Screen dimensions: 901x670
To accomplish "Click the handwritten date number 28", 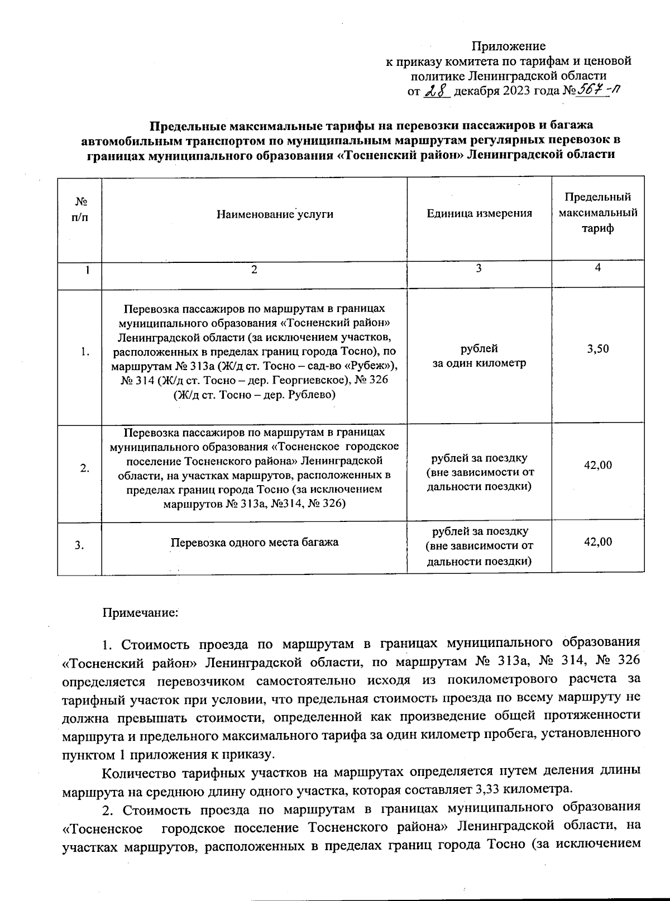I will coord(437,90).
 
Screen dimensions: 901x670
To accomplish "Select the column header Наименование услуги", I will coord(275,214).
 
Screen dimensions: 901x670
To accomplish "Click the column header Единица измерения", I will coord(479,213).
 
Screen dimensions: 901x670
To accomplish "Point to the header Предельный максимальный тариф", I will coord(597,213).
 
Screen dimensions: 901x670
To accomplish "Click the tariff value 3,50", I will coord(597,349).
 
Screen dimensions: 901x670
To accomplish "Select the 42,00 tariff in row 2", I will coord(597,465).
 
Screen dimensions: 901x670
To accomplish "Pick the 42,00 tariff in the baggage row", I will coord(597,541).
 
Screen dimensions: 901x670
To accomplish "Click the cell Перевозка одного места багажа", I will coord(254,542).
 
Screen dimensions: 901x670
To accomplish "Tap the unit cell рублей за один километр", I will coord(479,356).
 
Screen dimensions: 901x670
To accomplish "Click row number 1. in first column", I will coord(84,352).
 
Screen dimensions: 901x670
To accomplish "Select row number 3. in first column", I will coord(80,546).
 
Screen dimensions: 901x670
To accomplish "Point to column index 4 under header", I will coord(597,267).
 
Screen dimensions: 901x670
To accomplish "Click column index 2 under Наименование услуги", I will coord(254,270).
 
